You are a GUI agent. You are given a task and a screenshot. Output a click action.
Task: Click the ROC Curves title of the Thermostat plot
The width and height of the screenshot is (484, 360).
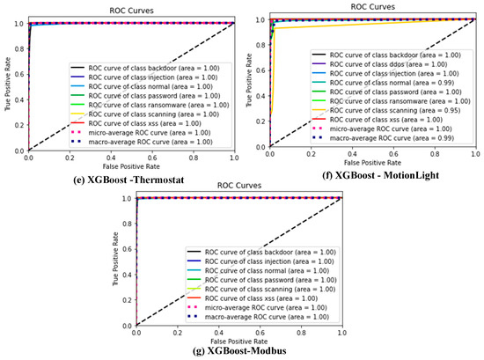click(x=131, y=7)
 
